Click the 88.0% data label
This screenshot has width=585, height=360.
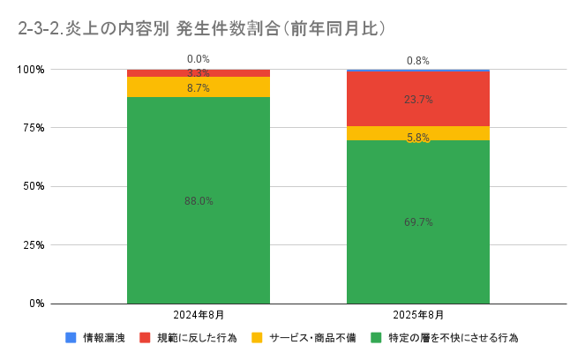(x=199, y=201)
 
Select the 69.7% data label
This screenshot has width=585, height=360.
(x=418, y=222)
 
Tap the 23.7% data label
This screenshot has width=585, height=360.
(x=418, y=100)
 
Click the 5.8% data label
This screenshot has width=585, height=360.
(x=418, y=138)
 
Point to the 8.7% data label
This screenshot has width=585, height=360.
(x=199, y=89)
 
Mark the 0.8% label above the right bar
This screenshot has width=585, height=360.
(x=418, y=61)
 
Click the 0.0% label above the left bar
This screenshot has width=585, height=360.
(x=199, y=59)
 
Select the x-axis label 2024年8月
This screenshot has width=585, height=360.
(x=199, y=315)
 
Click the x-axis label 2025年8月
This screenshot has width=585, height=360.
(x=418, y=315)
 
